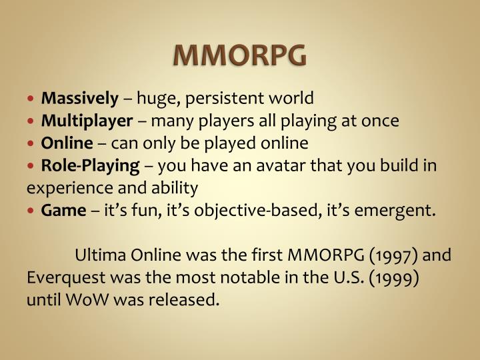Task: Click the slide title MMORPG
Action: click(241, 56)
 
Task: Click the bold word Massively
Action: click(79, 99)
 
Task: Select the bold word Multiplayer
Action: click(87, 121)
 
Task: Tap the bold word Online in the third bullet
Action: click(67, 143)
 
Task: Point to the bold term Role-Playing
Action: click(90, 165)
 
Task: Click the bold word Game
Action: click(63, 211)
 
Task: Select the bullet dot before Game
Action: click(33, 211)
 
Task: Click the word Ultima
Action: click(97, 255)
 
